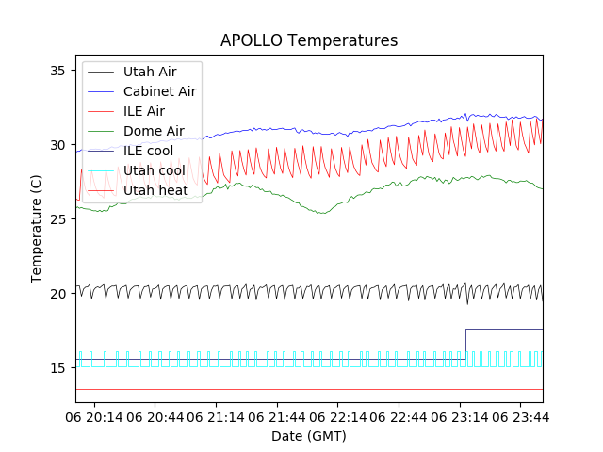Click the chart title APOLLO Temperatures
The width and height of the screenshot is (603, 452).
point(309,40)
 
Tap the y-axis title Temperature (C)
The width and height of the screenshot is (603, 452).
point(37,229)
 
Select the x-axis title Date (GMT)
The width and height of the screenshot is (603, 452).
point(309,436)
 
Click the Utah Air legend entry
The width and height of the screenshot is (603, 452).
point(149,72)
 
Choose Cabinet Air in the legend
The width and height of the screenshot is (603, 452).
point(159,91)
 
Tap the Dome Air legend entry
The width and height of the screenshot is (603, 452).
point(154,131)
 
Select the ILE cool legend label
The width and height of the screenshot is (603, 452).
point(148,151)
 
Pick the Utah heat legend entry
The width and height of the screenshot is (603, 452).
point(155,190)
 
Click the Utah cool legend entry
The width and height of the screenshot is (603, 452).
point(155,170)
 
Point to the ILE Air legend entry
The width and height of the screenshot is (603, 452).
point(143,111)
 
